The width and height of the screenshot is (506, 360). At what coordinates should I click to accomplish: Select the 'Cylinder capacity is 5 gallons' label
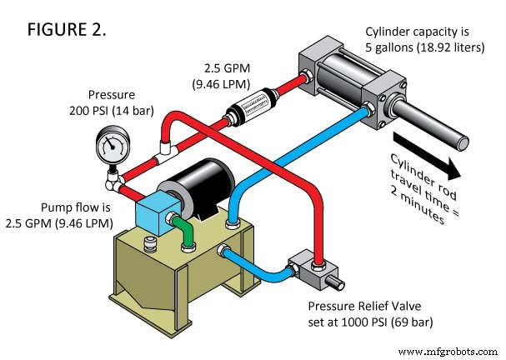click(x=424, y=39)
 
